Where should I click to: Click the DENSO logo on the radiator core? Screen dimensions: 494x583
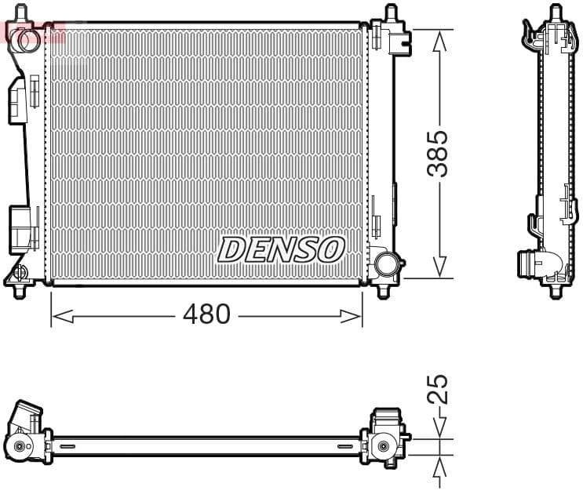tap(280, 249)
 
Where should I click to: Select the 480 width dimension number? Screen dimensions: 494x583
tap(206, 314)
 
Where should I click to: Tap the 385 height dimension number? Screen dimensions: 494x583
tap(440, 154)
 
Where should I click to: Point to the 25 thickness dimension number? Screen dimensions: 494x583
tap(440, 389)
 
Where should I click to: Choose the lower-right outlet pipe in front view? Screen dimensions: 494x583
tap(385, 263)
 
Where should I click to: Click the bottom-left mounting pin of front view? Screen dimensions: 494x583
tap(19, 292)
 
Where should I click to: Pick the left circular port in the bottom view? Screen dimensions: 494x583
tap(20, 448)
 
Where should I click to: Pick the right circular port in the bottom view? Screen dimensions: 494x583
tap(383, 446)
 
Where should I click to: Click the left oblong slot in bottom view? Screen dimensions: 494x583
tap(67, 446)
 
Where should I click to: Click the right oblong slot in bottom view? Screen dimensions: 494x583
tap(346, 446)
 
